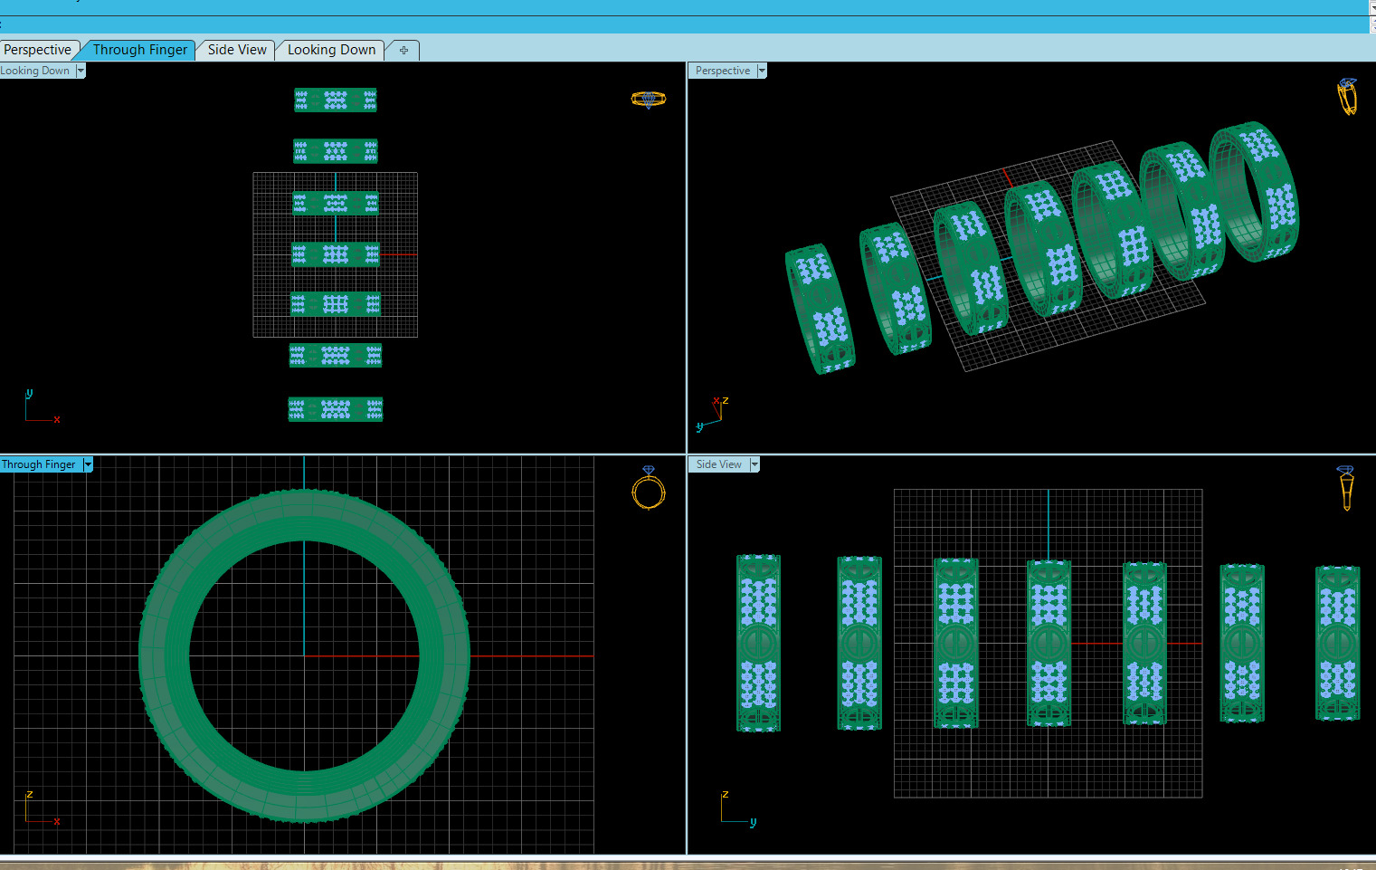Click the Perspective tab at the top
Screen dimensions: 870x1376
coord(38,50)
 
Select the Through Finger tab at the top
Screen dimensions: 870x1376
coord(139,50)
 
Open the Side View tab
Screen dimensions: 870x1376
coord(237,50)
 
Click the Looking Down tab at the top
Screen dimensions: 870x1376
coord(331,50)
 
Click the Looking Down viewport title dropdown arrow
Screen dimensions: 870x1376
coord(81,71)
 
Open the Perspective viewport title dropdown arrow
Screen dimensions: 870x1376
coord(762,71)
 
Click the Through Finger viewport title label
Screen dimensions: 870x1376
coord(39,464)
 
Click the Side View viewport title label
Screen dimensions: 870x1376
coord(718,464)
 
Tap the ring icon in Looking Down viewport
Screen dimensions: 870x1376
coord(648,100)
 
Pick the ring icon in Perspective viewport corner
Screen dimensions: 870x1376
coord(1347,97)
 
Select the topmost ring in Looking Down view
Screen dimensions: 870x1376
coord(335,100)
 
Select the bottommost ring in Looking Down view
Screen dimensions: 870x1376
coord(335,409)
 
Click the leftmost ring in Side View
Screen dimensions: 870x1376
coord(758,643)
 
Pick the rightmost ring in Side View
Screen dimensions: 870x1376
coord(1337,643)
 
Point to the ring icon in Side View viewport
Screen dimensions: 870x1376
coord(1346,488)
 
